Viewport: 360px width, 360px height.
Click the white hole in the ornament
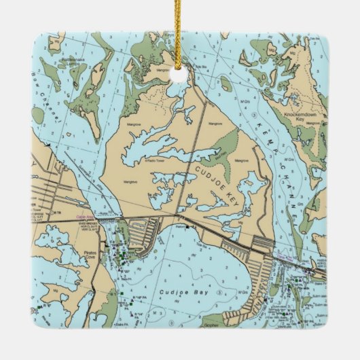point(179,74)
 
